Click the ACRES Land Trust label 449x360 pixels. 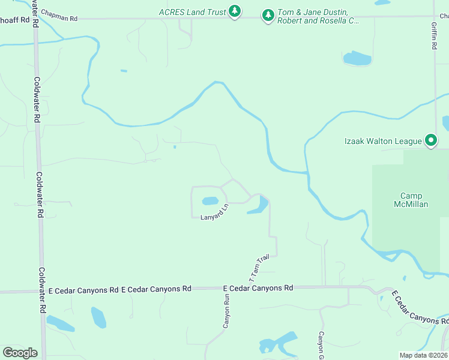click(x=192, y=11)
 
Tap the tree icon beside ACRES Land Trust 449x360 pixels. click(x=235, y=11)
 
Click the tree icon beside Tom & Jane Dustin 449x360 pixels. click(x=268, y=15)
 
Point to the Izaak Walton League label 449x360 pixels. click(x=383, y=141)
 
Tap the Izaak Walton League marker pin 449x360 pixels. click(x=430, y=141)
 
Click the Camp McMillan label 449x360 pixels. click(x=411, y=200)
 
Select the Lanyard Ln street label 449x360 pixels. click(x=215, y=213)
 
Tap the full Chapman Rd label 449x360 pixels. click(x=58, y=19)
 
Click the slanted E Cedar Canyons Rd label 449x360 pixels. click(x=420, y=308)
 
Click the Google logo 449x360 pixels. click(x=20, y=353)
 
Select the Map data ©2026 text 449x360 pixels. click(x=423, y=355)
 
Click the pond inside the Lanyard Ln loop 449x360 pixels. click(x=210, y=201)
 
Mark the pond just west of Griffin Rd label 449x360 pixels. click(x=357, y=58)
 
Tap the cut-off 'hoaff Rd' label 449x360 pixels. click(x=15, y=19)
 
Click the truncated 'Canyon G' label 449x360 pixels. click(x=321, y=342)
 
